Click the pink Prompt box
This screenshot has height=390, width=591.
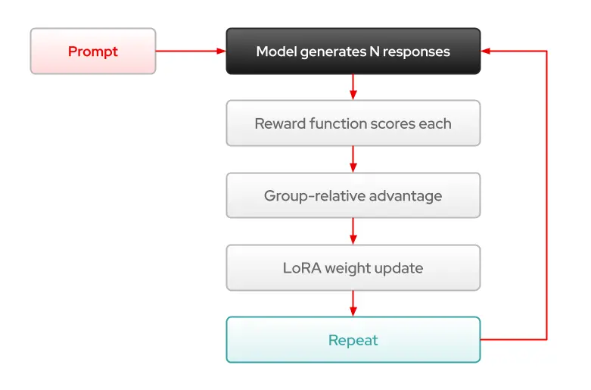tap(93, 51)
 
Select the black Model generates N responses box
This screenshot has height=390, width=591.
tap(353, 51)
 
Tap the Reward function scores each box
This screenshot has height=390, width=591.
tap(353, 123)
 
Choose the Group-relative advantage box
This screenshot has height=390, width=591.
tap(353, 195)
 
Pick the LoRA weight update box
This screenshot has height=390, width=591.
tap(353, 268)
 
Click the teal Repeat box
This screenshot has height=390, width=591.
tap(353, 340)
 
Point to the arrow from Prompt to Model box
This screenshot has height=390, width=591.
tap(191, 51)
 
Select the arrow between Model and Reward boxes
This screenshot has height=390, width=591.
tap(353, 87)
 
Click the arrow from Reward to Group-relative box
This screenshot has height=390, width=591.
tap(353, 159)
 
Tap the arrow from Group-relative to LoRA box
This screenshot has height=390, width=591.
tap(353, 231)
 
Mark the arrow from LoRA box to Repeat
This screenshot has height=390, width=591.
tap(353, 304)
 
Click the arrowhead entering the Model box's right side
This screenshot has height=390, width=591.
tap(486, 51)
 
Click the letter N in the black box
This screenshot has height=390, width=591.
tap(375, 51)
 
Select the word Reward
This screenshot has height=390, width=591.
tap(280, 123)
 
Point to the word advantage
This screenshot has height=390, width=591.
tap(406, 196)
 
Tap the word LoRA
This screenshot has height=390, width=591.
tap(302, 268)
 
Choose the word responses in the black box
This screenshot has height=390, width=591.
tap(416, 52)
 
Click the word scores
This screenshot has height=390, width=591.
tap(393, 124)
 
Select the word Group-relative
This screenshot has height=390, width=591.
tap(315, 196)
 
